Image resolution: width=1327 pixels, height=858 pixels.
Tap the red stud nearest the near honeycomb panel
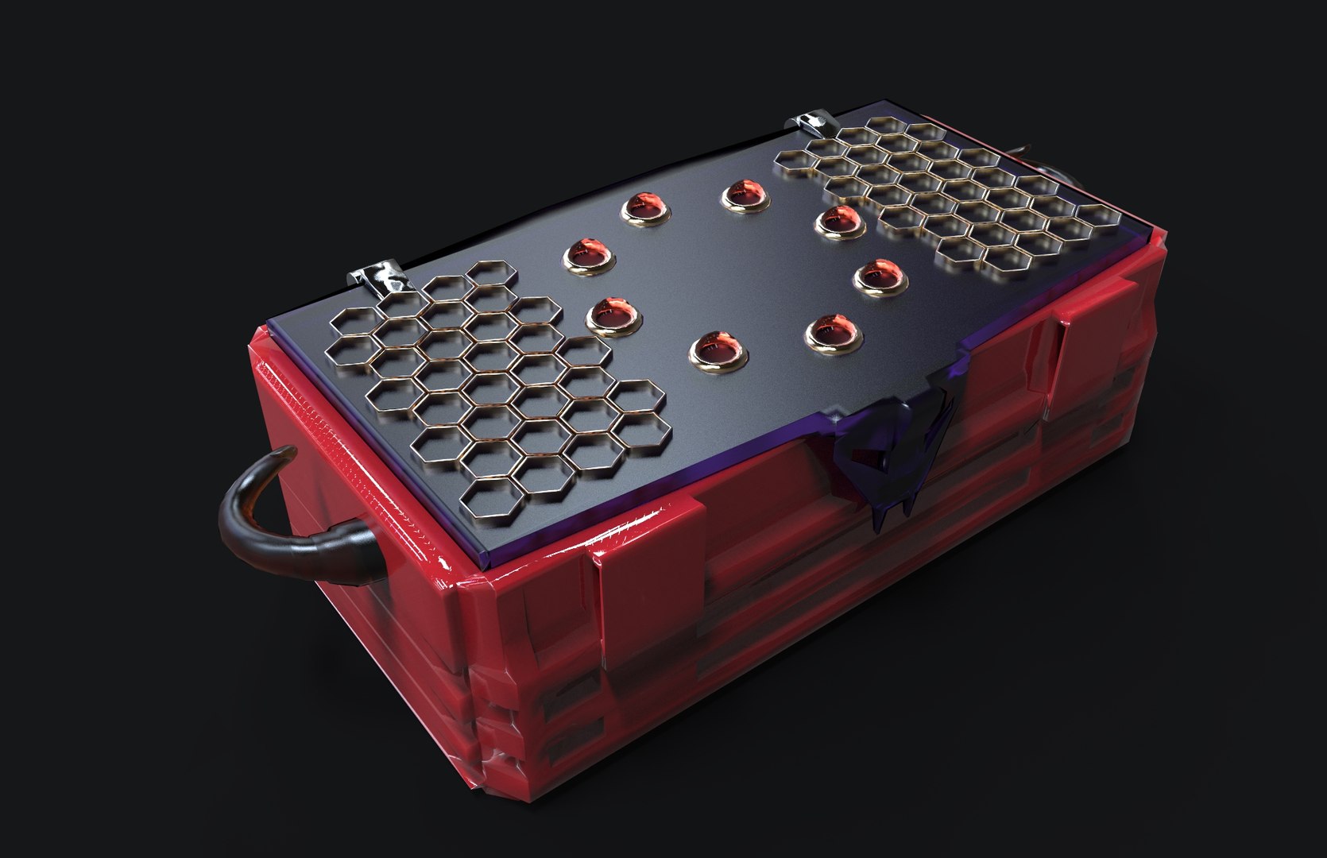click(x=612, y=313)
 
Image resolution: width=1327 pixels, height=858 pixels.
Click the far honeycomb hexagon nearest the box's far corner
click(x=1097, y=215)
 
